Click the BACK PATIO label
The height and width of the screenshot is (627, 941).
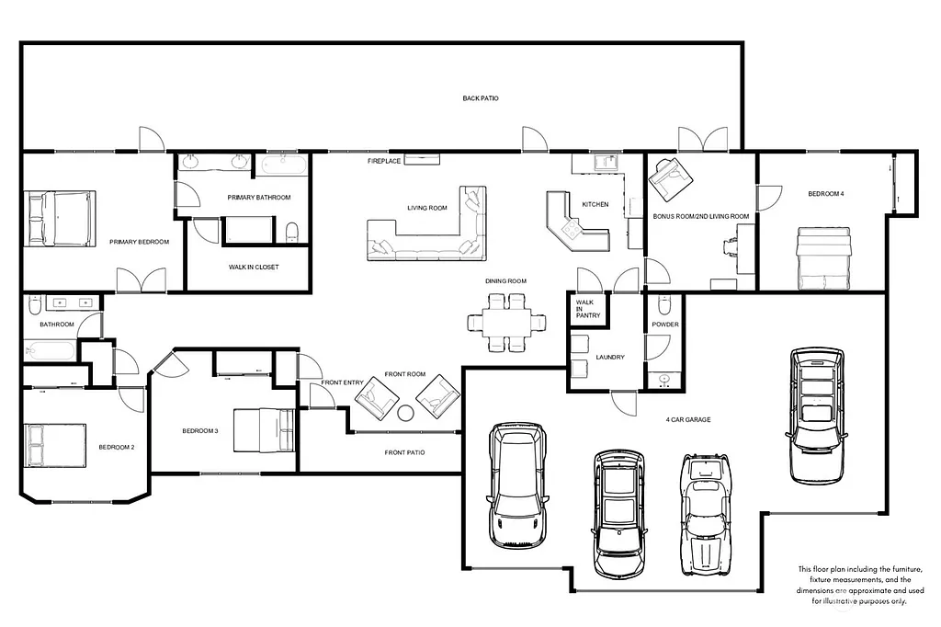click(481, 97)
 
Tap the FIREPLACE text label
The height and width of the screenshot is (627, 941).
click(383, 161)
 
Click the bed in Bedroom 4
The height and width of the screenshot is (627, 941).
click(822, 258)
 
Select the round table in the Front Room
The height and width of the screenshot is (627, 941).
click(406, 413)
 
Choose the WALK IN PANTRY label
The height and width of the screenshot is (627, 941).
click(588, 309)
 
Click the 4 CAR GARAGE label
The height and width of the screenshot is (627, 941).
click(688, 420)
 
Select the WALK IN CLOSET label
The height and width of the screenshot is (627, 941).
click(254, 268)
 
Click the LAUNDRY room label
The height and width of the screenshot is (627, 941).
click(610, 357)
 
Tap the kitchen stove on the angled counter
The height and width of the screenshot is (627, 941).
click(574, 229)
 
